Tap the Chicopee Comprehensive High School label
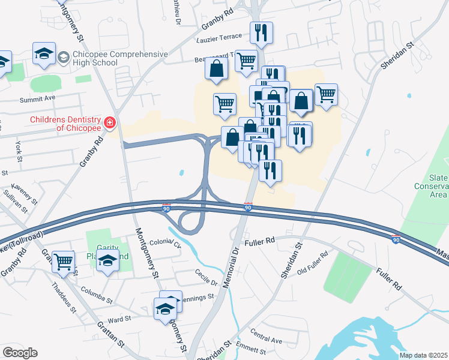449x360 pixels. [120, 58]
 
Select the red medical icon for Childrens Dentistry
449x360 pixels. [110, 124]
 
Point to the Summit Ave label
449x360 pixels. [37, 98]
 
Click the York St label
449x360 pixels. [19, 151]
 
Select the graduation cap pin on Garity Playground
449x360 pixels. [107, 262]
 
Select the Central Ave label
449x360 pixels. [266, 336]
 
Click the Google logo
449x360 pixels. [20, 353]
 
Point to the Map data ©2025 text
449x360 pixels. [424, 355]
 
